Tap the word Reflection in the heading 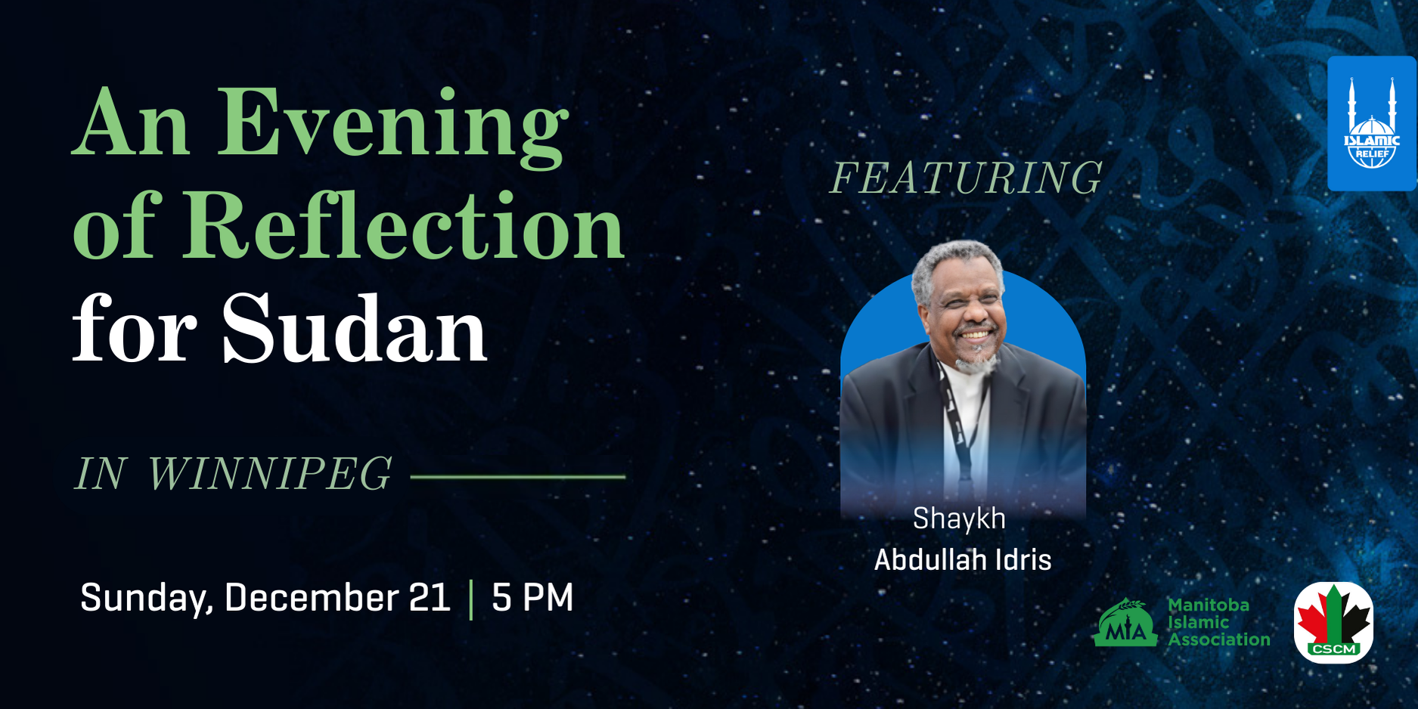pos(405,224)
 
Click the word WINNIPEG pos(270,474)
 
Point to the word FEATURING pos(967,178)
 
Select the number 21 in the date pos(430,597)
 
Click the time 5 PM pos(532,597)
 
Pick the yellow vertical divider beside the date pos(471,599)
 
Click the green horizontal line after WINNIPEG pos(518,477)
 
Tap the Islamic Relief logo pos(1372,123)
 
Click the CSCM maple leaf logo pos(1333,622)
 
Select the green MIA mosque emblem pos(1125,623)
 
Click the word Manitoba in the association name pos(1209,605)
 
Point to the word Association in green pos(1219,639)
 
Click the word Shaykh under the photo pos(959,519)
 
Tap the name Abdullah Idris pos(963,560)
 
